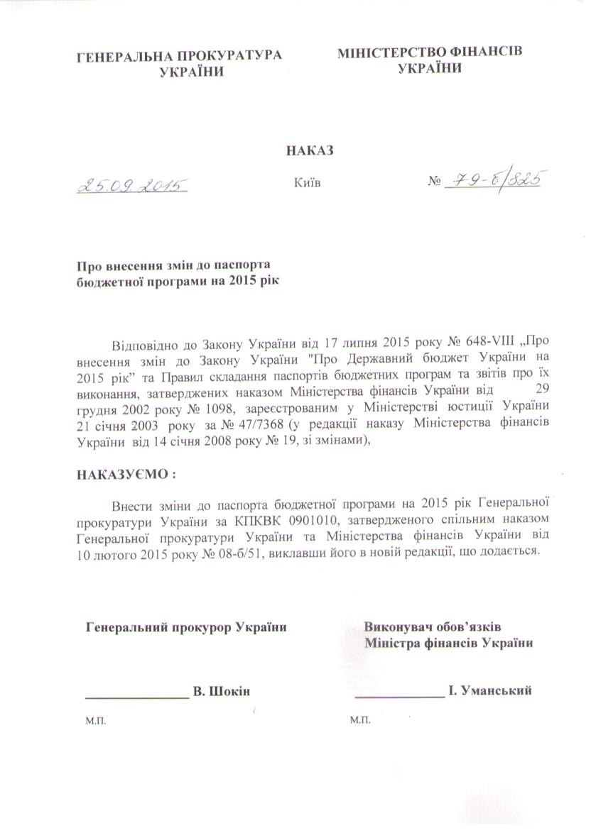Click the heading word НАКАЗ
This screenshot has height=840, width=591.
[x=309, y=150]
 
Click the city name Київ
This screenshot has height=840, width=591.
[x=307, y=183]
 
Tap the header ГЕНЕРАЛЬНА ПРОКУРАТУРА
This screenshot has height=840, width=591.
[x=179, y=55]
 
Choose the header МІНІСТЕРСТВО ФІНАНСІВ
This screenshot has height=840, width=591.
[x=429, y=53]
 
